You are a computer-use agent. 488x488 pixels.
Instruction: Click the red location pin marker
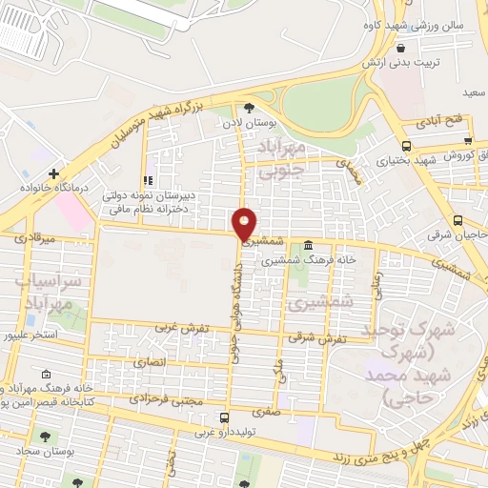click(x=245, y=223)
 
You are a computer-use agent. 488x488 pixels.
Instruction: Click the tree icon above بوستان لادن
click(x=249, y=108)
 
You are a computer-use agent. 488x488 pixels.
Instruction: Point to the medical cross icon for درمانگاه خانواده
click(x=54, y=173)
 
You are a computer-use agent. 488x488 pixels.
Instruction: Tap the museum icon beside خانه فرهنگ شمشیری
click(x=307, y=245)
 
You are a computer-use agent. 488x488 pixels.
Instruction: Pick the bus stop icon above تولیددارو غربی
click(x=223, y=417)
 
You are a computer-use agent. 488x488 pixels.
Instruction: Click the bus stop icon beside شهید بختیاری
click(x=406, y=145)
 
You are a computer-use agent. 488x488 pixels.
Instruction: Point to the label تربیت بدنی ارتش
click(x=397, y=61)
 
